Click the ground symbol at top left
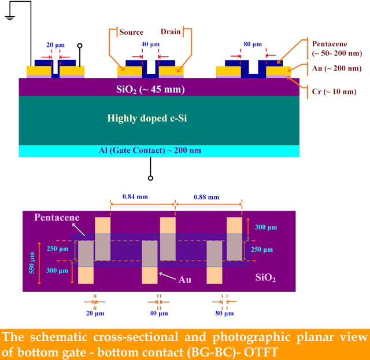pyautogui.click(x=10, y=18)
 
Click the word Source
pyautogui.click(x=131, y=32)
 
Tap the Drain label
pyautogui.click(x=171, y=32)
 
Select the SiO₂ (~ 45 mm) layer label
pyautogui.click(x=150, y=90)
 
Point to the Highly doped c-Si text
pyautogui.click(x=147, y=118)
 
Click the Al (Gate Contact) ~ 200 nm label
pyautogui.click(x=150, y=150)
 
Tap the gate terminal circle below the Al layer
pyautogui.click(x=150, y=178)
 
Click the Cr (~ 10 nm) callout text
pyautogui.click(x=334, y=91)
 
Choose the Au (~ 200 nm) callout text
pyautogui.click(x=336, y=68)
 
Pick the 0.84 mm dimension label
pyautogui.click(x=135, y=197)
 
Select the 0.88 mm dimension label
pyautogui.click(x=206, y=197)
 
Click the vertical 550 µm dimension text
pyautogui.click(x=32, y=263)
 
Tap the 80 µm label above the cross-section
pyautogui.click(x=253, y=44)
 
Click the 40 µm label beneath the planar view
pyautogui.click(x=159, y=313)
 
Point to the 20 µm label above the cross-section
pyautogui.click(x=55, y=45)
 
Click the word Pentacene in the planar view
pyautogui.click(x=57, y=217)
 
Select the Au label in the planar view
pyautogui.click(x=185, y=280)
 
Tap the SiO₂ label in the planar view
pyautogui.click(x=265, y=278)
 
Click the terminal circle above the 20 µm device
pyautogui.click(x=80, y=46)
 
